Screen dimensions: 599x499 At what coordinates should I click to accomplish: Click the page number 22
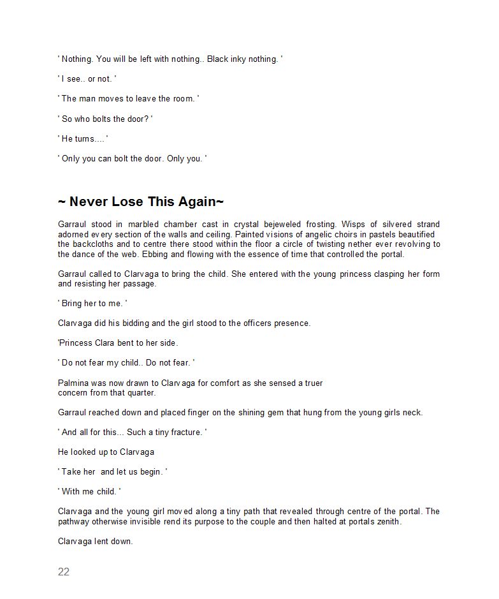(x=64, y=572)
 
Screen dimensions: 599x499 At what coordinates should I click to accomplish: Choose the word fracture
(x=184, y=433)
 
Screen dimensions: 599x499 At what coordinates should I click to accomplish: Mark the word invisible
(x=148, y=521)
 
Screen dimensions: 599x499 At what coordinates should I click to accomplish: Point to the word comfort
(x=205, y=383)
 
